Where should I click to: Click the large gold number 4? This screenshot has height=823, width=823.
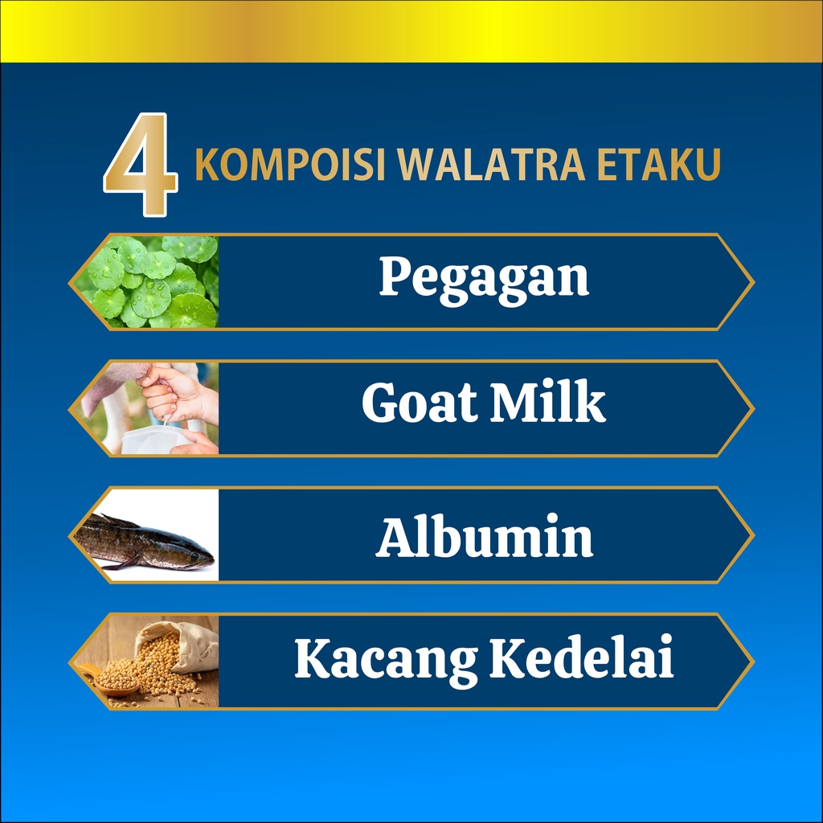pyautogui.click(x=141, y=165)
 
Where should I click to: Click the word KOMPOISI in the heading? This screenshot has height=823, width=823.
pyautogui.click(x=290, y=165)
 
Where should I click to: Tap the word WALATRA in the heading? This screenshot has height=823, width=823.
pyautogui.click(x=491, y=165)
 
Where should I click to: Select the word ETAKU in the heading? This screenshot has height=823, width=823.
pyautogui.click(x=659, y=165)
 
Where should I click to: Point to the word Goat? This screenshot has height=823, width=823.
pyautogui.click(x=420, y=403)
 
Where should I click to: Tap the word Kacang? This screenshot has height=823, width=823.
pyautogui.click(x=386, y=659)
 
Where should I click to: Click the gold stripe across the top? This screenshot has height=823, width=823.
pyautogui.click(x=411, y=31)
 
